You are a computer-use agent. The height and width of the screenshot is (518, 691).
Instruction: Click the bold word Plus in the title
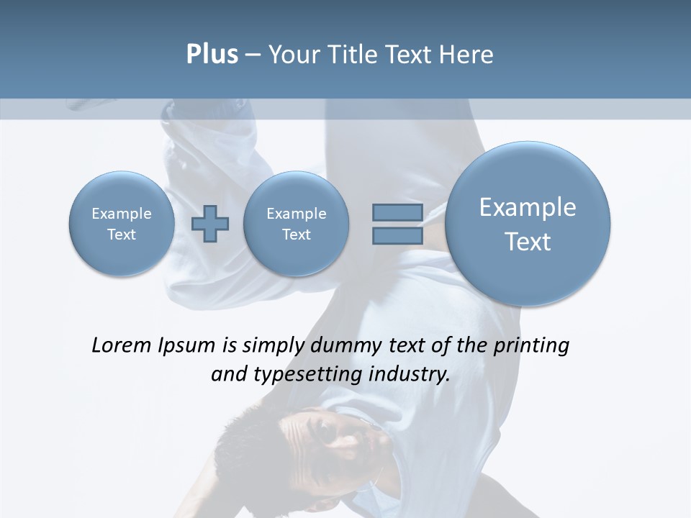tap(212, 55)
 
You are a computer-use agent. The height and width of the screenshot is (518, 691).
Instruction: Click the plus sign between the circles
tap(210, 224)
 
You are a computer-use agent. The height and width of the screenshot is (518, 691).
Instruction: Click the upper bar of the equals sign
tap(397, 213)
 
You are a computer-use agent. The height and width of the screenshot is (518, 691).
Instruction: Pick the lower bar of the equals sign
tap(397, 235)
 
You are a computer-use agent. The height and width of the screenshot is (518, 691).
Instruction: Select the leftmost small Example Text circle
tap(122, 224)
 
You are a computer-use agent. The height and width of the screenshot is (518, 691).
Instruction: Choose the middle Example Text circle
tap(296, 224)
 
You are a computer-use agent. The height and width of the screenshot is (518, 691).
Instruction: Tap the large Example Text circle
tap(528, 224)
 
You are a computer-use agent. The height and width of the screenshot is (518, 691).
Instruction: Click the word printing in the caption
tap(530, 346)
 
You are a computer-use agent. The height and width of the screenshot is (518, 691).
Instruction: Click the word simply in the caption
tap(274, 346)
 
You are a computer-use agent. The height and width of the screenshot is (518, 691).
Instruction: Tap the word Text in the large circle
tap(528, 242)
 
